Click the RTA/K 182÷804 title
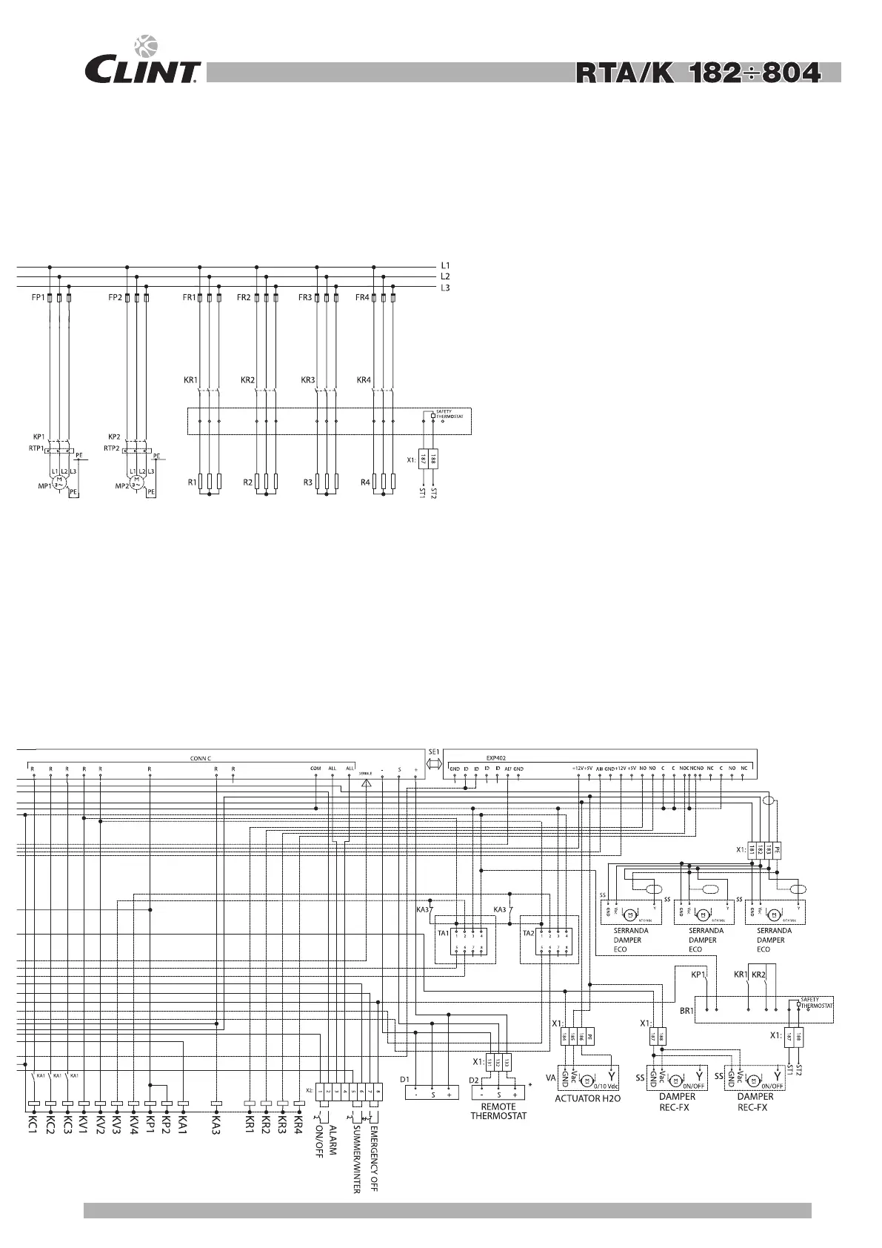[698, 73]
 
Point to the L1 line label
[445, 265]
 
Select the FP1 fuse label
[38, 298]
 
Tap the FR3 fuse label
[305, 298]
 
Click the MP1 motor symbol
[59, 484]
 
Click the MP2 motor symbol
[136, 484]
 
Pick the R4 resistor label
[365, 482]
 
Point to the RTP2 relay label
[112, 448]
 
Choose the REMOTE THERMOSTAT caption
[498, 1112]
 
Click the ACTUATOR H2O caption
[587, 1098]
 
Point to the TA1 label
[443, 933]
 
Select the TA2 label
[528, 933]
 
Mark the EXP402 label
[495, 757]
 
